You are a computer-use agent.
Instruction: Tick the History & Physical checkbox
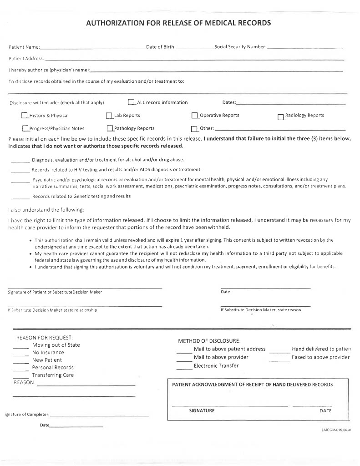[25, 116]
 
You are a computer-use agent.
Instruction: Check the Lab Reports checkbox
[109, 116]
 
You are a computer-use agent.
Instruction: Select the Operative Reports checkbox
[195, 116]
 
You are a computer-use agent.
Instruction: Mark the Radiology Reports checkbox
[281, 116]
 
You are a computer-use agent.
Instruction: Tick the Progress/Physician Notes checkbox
[25, 128]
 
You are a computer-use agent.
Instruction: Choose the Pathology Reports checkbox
[110, 128]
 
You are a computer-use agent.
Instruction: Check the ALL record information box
[132, 102]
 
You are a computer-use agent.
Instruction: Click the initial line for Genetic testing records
[20, 197]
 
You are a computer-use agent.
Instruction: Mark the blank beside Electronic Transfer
[184, 366]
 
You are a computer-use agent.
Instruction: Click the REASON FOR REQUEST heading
[45, 338]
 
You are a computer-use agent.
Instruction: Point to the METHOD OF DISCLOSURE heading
[209, 341]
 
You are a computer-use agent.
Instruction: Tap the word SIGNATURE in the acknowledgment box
[202, 410]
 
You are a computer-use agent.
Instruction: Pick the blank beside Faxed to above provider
[279, 358]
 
